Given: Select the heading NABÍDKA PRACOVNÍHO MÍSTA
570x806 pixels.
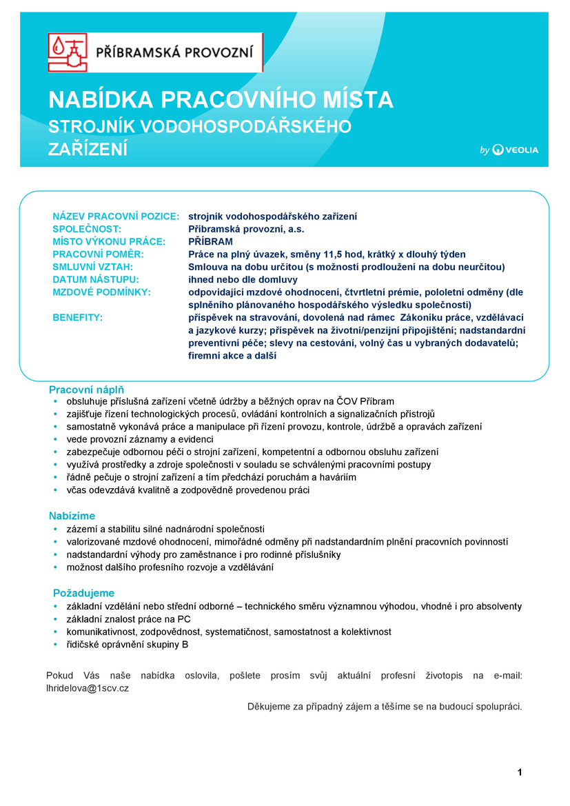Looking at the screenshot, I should [x=221, y=100].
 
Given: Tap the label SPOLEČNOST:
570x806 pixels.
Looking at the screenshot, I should [x=87, y=229].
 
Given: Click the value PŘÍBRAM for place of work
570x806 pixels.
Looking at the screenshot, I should [x=210, y=241].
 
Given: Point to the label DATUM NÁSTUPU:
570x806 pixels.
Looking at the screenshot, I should [x=96, y=279].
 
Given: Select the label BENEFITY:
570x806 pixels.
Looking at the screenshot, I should [x=77, y=317].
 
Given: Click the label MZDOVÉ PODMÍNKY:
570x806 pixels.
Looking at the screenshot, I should [x=101, y=292].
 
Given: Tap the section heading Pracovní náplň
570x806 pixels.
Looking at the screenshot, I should [x=86, y=390].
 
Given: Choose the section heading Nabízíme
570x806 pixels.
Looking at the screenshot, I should [x=72, y=516].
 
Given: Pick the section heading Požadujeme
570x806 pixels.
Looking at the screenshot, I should [x=84, y=593].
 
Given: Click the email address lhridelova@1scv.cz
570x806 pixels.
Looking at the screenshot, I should [x=88, y=688].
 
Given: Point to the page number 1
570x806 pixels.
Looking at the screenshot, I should [x=520, y=772].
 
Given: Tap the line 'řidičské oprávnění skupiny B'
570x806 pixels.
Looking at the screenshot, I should [x=127, y=645].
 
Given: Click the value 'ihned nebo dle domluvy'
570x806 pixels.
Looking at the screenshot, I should [x=243, y=279].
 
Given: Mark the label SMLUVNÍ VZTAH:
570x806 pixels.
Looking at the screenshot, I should [x=92, y=267].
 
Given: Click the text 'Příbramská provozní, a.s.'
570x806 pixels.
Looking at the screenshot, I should [x=246, y=229].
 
